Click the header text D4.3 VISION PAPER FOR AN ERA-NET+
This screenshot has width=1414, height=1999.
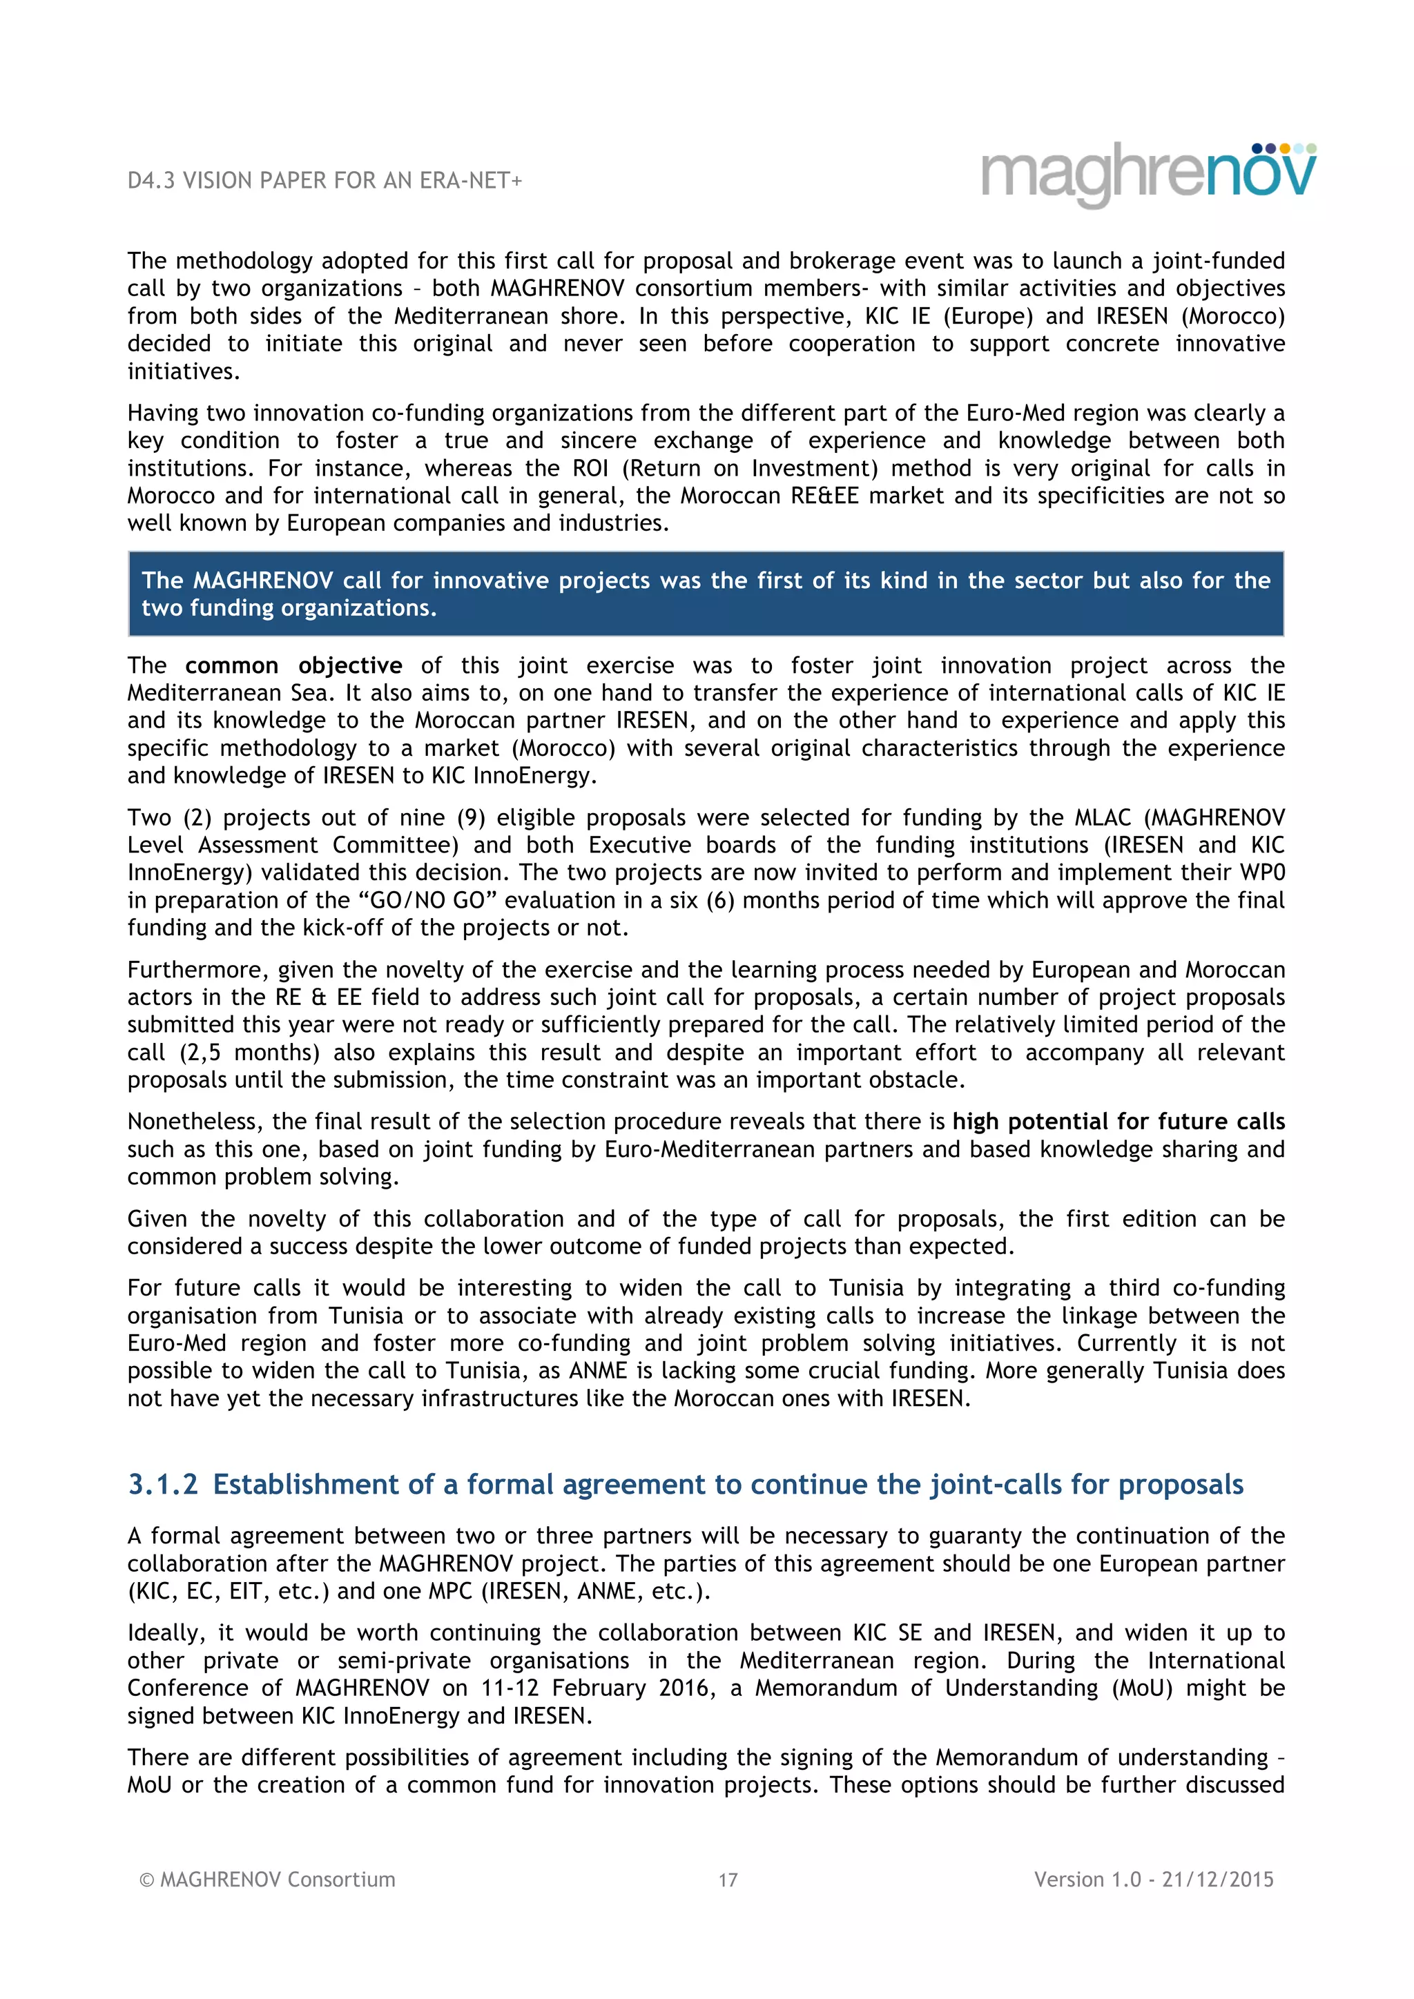pos(324,180)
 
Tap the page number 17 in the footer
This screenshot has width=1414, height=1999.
pos(728,1880)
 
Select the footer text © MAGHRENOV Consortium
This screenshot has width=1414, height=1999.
pos(267,1879)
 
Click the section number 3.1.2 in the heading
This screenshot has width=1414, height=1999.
pos(163,1485)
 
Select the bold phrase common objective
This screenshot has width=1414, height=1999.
pos(293,665)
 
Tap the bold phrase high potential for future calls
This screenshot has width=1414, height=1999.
pos(1118,1122)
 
